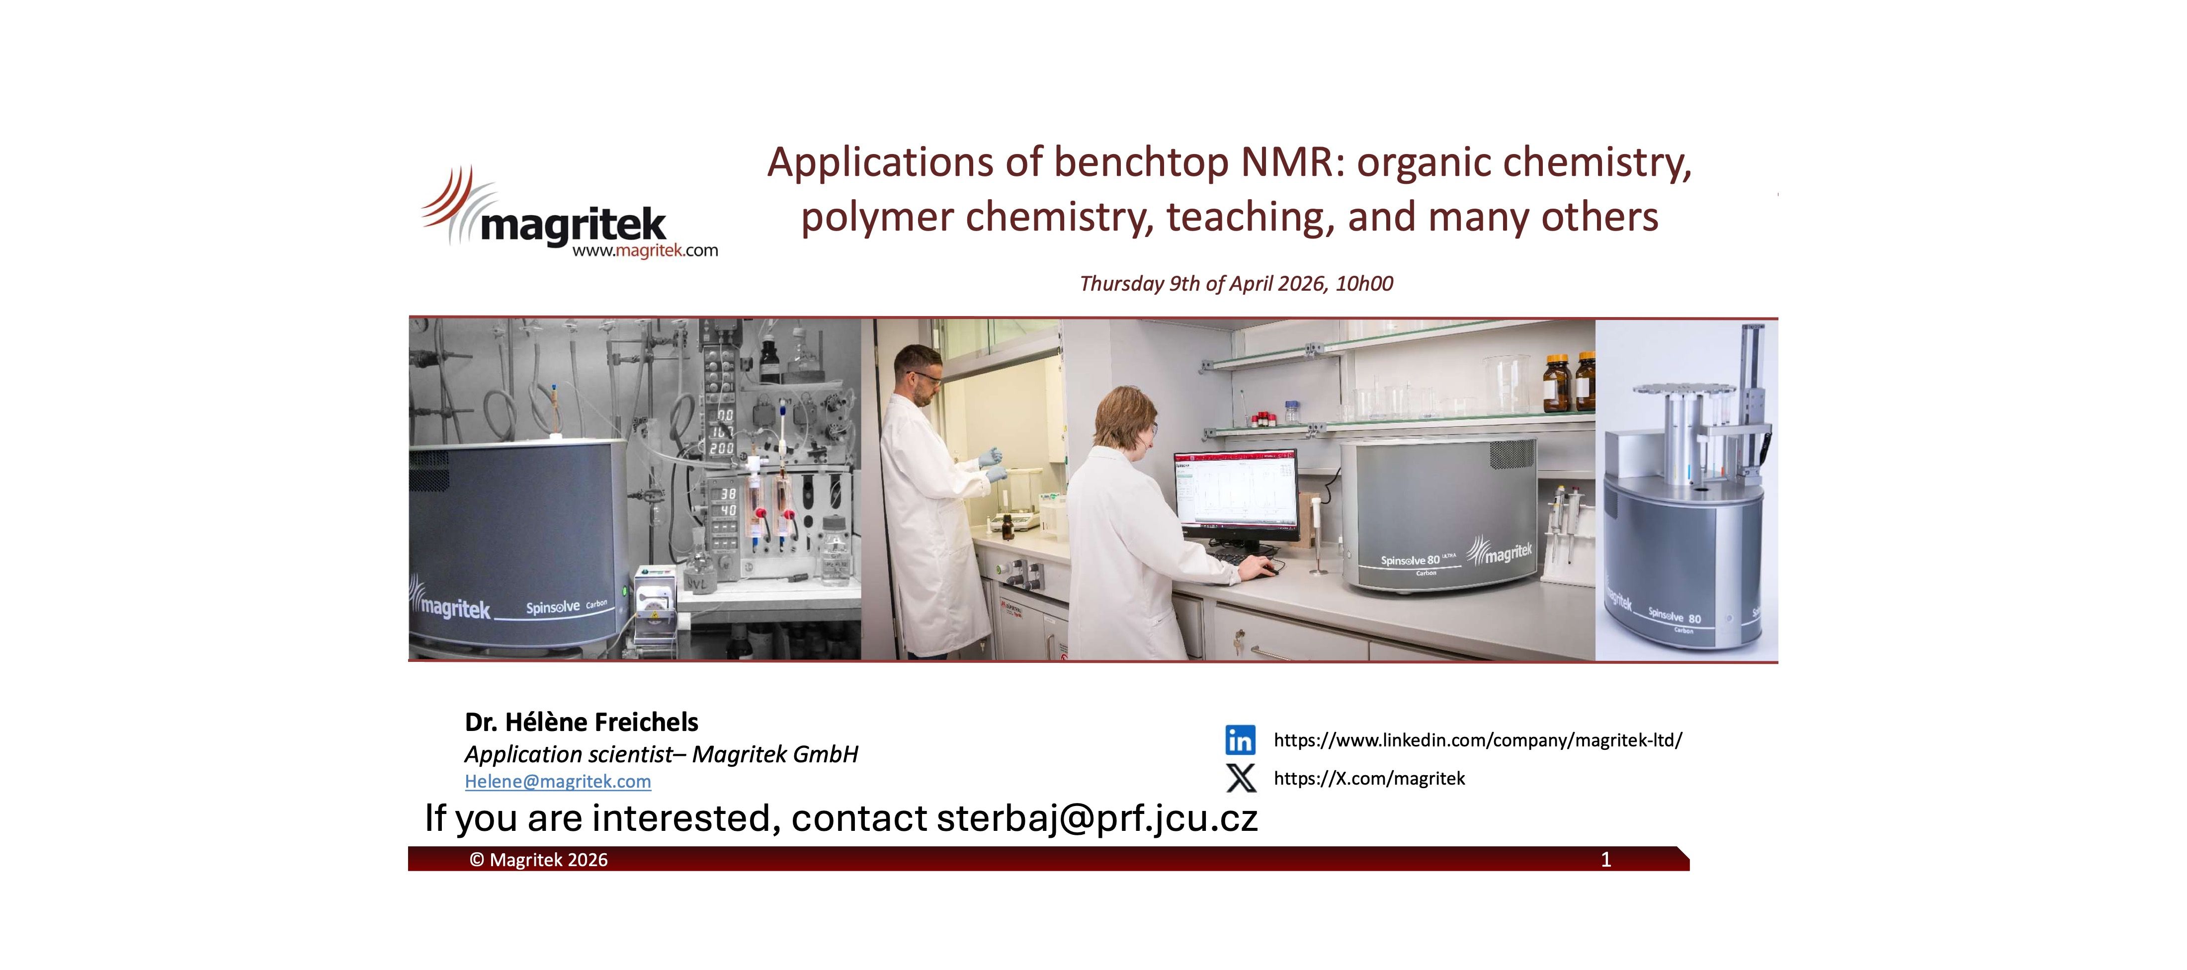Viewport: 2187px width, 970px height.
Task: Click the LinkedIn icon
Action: click(x=1240, y=740)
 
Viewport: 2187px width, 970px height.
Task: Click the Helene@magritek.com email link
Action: click(x=558, y=782)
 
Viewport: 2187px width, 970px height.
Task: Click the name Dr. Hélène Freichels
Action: click(x=582, y=722)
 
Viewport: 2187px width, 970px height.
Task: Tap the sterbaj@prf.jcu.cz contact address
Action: click(x=1097, y=818)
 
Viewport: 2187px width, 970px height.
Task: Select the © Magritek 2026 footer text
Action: click(x=538, y=860)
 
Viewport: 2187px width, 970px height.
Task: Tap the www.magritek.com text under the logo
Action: click(x=645, y=250)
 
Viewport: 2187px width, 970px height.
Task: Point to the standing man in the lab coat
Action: click(x=934, y=501)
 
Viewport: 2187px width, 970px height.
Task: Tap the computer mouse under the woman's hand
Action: click(x=1265, y=571)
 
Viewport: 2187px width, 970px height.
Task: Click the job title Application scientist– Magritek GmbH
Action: click(x=662, y=754)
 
